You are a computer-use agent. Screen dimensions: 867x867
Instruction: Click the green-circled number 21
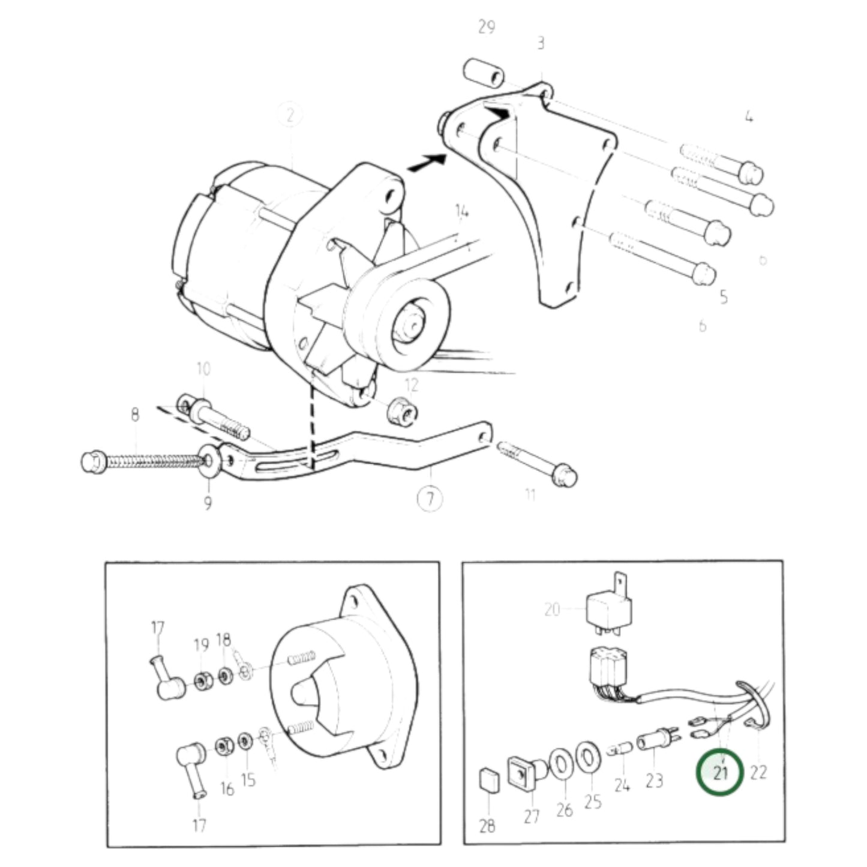719,772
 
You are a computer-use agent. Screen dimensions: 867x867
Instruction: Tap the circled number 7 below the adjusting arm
430,499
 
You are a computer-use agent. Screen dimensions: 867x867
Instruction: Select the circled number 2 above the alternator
290,116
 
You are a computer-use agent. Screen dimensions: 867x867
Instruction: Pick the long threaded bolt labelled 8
144,461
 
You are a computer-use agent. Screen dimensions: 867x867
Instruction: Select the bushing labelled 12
401,412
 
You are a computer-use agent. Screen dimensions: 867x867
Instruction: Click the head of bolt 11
565,476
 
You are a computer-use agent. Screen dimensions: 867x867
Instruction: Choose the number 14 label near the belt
461,211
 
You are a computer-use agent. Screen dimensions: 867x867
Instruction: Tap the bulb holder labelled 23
656,743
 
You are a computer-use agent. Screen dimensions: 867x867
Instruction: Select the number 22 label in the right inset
758,772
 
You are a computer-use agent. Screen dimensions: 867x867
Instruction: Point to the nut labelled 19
201,681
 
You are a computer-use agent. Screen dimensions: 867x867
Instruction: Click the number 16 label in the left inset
226,788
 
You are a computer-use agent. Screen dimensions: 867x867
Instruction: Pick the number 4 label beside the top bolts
748,117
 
